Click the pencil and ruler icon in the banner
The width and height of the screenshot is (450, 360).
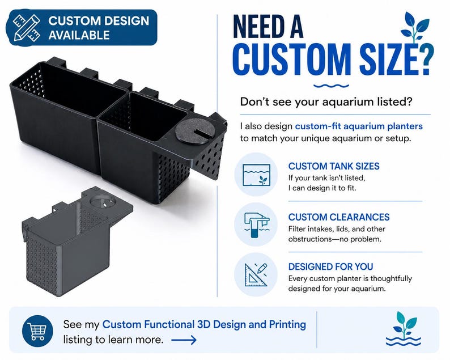click(x=26, y=28)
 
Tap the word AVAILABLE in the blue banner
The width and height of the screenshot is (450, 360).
click(x=79, y=35)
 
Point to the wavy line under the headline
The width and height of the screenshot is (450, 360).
click(x=331, y=86)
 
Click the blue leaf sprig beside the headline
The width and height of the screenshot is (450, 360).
click(x=415, y=27)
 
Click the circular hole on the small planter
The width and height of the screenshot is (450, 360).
click(x=103, y=201)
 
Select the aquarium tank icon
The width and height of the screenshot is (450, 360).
click(x=256, y=175)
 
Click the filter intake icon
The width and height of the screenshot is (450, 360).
click(x=256, y=225)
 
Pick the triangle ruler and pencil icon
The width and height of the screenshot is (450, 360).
click(x=256, y=275)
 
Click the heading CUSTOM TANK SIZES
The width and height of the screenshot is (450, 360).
click(x=334, y=166)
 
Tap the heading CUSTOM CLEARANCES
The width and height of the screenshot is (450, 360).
click(x=339, y=217)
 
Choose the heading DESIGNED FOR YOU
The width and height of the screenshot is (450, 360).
click(x=330, y=266)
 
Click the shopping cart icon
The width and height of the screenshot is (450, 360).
click(x=37, y=331)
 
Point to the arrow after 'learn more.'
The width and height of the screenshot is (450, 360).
click(x=184, y=340)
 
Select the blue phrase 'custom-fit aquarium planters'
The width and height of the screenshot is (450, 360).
click(x=359, y=126)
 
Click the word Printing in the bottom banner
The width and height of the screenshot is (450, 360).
click(x=287, y=325)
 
